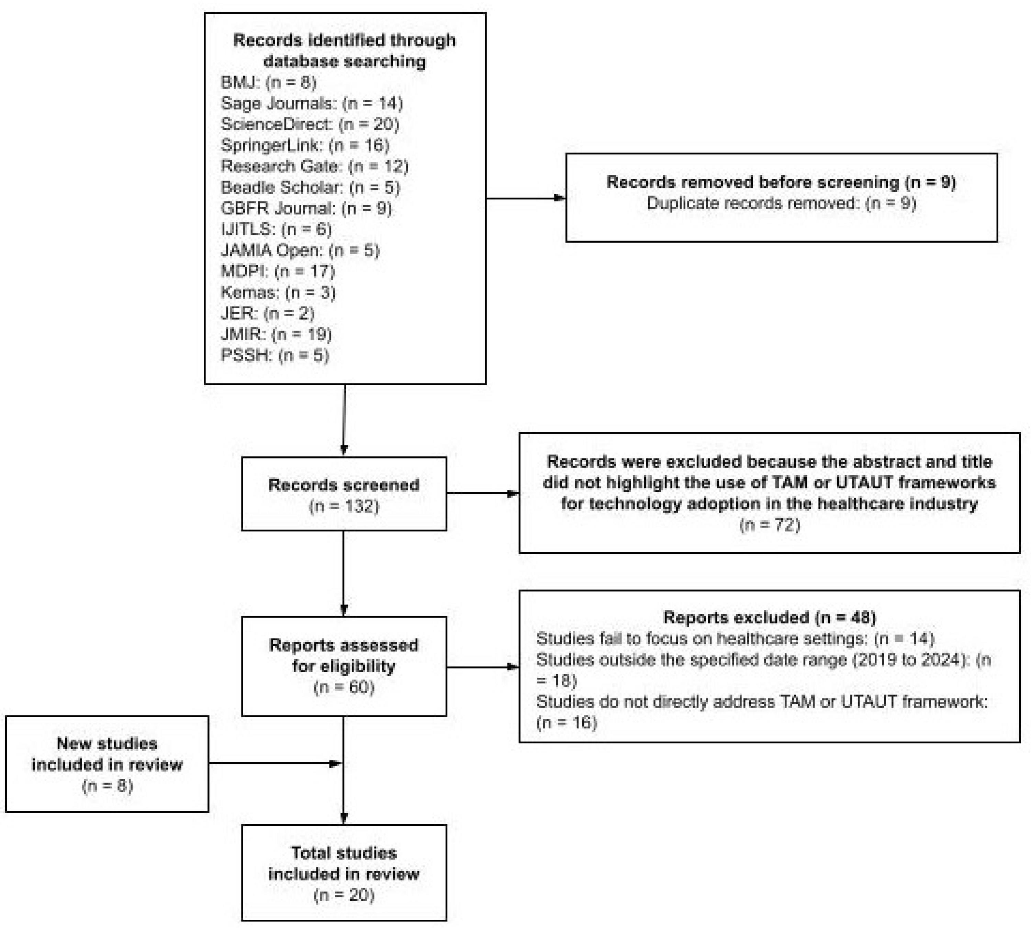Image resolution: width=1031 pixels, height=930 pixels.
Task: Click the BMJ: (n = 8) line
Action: tap(268, 82)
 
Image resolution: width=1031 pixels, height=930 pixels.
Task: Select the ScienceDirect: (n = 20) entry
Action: tap(310, 124)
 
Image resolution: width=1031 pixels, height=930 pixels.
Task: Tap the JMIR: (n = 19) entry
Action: tap(276, 334)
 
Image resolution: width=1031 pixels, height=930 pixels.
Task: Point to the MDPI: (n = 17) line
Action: tap(278, 271)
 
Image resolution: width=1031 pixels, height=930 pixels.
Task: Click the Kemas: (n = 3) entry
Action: tap(278, 292)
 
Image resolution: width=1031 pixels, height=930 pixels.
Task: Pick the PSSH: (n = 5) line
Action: tap(274, 355)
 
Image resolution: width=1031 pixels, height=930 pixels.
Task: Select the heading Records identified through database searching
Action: tap(344, 51)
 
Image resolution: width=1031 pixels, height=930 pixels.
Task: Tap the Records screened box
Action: tap(344, 494)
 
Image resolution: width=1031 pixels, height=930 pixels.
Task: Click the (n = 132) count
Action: tap(344, 506)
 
